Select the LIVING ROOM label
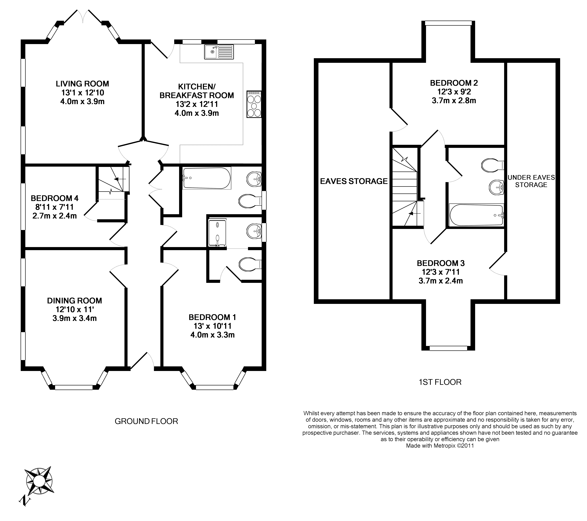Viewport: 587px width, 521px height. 82,84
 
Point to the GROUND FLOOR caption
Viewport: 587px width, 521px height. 146,421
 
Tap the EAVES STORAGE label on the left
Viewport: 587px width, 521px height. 354,181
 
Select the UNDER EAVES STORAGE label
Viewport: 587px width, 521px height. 531,181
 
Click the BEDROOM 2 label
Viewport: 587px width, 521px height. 454,83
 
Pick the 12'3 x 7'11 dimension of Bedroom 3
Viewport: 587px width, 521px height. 441,272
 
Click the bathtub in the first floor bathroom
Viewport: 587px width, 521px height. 477,215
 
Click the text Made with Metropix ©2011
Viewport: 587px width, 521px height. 440,446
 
